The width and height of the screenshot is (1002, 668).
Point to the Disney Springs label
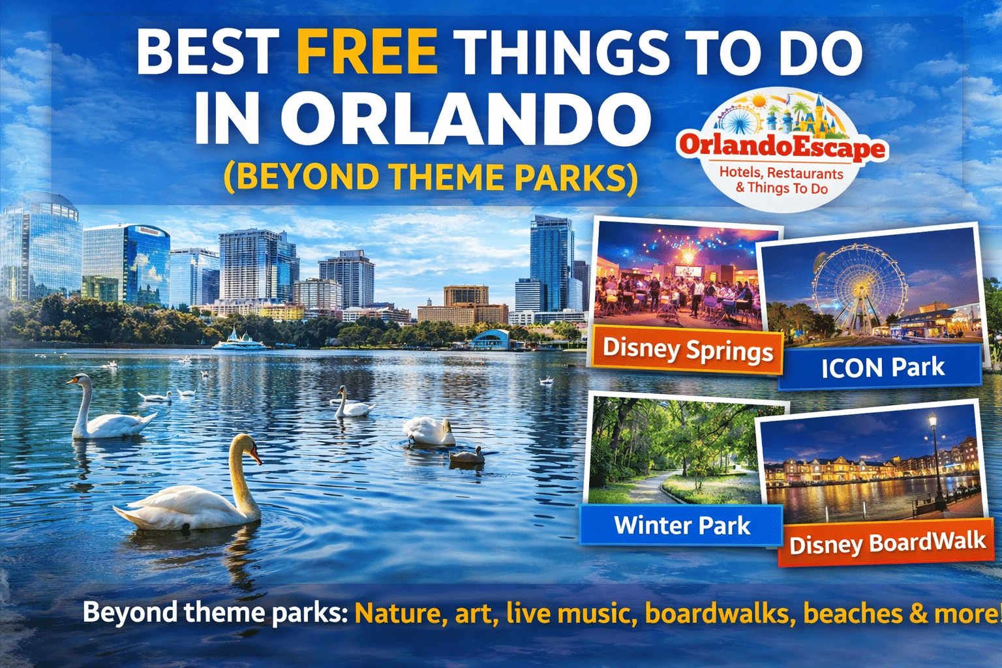click(688, 350)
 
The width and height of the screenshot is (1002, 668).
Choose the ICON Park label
click(882, 368)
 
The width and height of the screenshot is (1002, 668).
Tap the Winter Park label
click(682, 525)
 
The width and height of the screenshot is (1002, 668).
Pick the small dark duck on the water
click(467, 455)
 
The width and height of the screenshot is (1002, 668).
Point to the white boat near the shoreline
click(239, 341)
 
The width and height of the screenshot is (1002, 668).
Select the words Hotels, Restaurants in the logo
click(781, 174)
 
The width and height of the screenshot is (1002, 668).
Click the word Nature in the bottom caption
click(397, 614)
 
